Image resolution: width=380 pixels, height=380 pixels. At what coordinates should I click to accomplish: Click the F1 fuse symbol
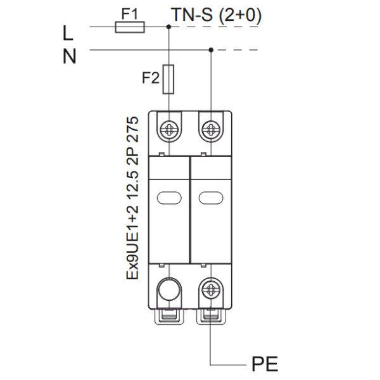130,27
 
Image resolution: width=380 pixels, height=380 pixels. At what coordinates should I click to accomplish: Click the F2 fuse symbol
169,78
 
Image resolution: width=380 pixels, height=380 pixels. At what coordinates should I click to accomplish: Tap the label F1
129,13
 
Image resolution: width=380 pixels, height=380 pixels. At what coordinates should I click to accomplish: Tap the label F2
149,79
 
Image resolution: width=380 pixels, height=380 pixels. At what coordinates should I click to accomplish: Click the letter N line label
70,56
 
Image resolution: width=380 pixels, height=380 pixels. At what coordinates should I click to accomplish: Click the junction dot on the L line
168,27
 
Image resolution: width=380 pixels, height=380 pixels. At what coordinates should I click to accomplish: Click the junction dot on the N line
210,49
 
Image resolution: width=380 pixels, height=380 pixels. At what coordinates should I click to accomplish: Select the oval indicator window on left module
169,198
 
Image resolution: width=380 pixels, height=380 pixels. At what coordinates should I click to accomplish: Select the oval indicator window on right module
210,198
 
